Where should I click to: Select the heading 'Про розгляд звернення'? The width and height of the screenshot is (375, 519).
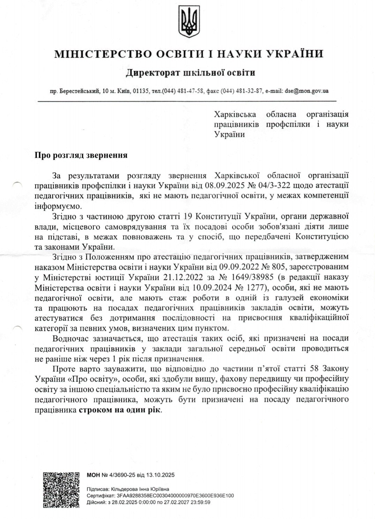[81, 155]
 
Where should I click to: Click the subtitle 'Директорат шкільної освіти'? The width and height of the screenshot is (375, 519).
[190, 73]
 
